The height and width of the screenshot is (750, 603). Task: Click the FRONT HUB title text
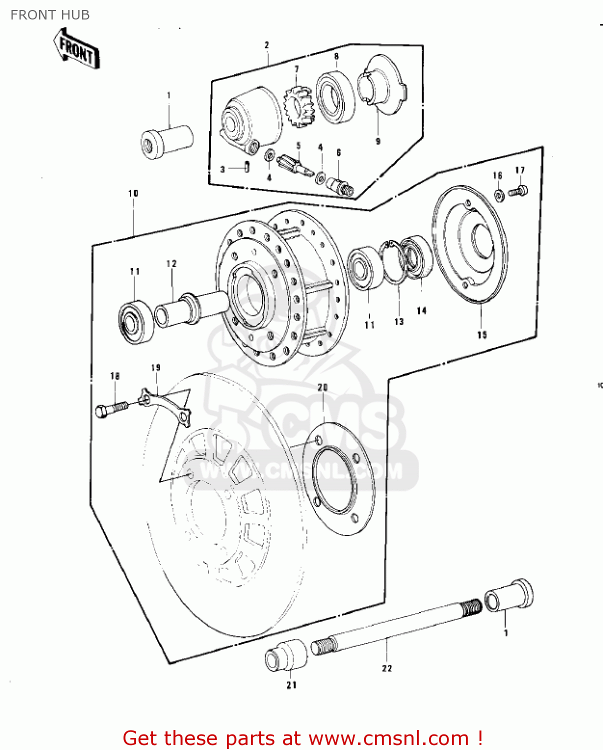coord(50,15)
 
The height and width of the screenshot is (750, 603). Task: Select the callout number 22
coord(387,668)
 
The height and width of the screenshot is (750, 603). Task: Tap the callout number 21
coord(291,685)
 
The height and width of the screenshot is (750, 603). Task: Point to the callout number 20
coord(322,387)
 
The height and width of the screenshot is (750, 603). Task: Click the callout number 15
coord(481,335)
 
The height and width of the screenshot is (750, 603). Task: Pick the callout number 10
coord(133,193)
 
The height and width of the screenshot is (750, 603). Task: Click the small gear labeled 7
coord(298,105)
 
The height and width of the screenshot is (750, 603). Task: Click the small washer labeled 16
coord(499,195)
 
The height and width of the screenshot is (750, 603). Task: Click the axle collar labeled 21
coord(286,654)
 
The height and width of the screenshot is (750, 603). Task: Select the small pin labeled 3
coord(247,167)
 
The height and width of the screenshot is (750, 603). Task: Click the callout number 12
coord(171,263)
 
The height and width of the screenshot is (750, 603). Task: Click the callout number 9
coord(378,141)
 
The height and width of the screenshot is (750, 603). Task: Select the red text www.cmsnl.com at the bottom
coord(388,738)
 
